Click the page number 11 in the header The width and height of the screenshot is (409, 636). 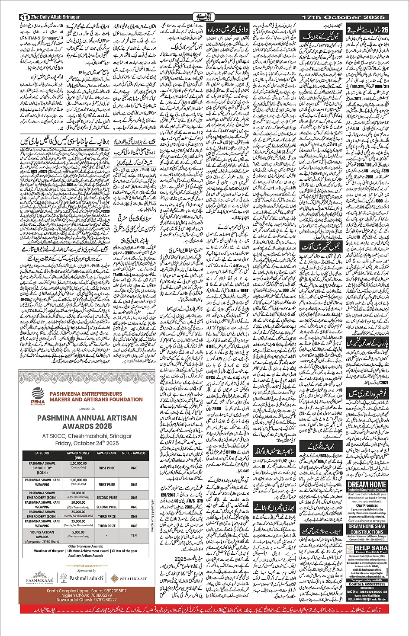24,17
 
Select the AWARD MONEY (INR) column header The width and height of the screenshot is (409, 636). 78,455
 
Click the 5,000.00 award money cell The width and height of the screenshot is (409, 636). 78,533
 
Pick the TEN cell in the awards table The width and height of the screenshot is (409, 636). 134,535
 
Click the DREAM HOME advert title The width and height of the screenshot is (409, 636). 367,484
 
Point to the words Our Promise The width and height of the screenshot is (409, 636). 367,505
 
